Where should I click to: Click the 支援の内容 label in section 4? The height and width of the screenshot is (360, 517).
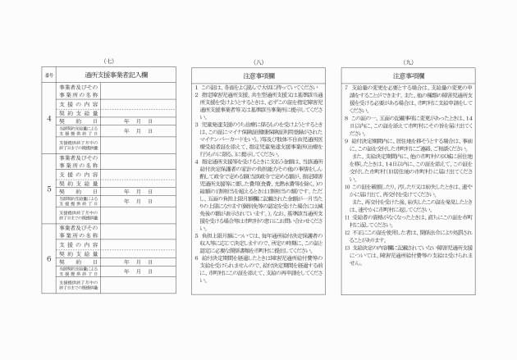(x=79, y=104)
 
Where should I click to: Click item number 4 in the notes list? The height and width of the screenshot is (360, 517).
(x=189, y=162)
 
